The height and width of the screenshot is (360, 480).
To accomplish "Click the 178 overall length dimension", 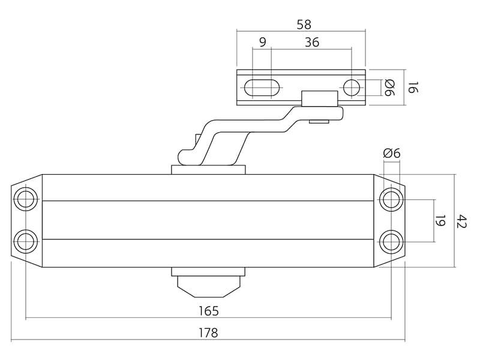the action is [x=208, y=332].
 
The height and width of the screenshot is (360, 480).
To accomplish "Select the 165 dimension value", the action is [x=208, y=311].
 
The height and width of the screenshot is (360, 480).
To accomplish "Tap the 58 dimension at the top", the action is [x=304, y=25].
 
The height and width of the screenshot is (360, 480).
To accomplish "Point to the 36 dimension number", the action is [x=312, y=42].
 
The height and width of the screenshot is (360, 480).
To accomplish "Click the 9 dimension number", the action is [x=263, y=42].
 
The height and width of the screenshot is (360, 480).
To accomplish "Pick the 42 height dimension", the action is [x=461, y=221].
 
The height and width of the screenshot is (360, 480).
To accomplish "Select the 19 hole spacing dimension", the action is [x=440, y=221].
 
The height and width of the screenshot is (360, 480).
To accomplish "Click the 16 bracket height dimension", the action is [x=413, y=88].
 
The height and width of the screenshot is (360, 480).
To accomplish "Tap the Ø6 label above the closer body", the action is [x=392, y=153].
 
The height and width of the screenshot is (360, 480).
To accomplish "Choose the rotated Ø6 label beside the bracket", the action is [x=389, y=88].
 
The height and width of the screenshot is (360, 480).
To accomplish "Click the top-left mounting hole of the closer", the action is [x=26, y=200].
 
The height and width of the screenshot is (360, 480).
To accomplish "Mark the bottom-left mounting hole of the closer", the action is [x=26, y=242].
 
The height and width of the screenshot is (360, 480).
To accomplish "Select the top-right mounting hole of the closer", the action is [x=391, y=200].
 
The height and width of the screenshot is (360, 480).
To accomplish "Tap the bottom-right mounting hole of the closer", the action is [x=391, y=242].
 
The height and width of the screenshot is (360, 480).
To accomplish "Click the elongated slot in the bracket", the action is [x=262, y=88].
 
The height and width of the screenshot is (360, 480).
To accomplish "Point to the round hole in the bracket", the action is [x=352, y=88].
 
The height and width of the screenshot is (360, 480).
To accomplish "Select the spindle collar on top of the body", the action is [x=208, y=170].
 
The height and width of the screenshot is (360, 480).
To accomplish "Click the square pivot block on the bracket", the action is [x=320, y=98].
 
